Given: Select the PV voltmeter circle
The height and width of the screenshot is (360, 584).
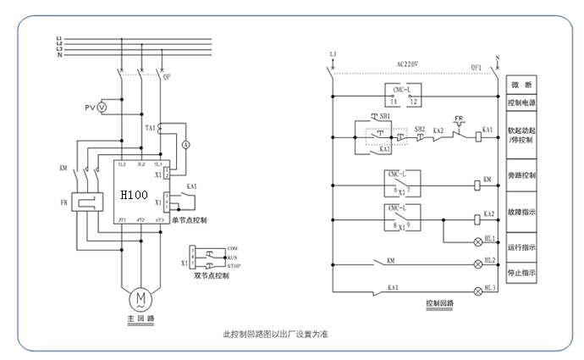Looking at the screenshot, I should pos(102,108).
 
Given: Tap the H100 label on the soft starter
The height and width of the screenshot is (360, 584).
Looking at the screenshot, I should pos(134,195).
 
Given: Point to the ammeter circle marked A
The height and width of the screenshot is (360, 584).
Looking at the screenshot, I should pos(186,145).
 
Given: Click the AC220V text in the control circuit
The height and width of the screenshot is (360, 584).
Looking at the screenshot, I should pos(408,64).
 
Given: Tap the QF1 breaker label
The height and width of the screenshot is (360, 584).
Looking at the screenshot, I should pos(475,67).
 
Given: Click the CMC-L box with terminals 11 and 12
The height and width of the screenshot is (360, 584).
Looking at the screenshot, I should pos(403,95).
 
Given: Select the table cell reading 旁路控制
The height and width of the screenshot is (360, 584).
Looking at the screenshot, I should pos(521,175).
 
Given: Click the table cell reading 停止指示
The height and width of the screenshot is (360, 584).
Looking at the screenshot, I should pos(521,273).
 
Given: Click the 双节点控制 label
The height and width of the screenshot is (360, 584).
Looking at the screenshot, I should pos(210,275).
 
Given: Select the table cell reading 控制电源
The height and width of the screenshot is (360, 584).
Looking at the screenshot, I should pos(521,102).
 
